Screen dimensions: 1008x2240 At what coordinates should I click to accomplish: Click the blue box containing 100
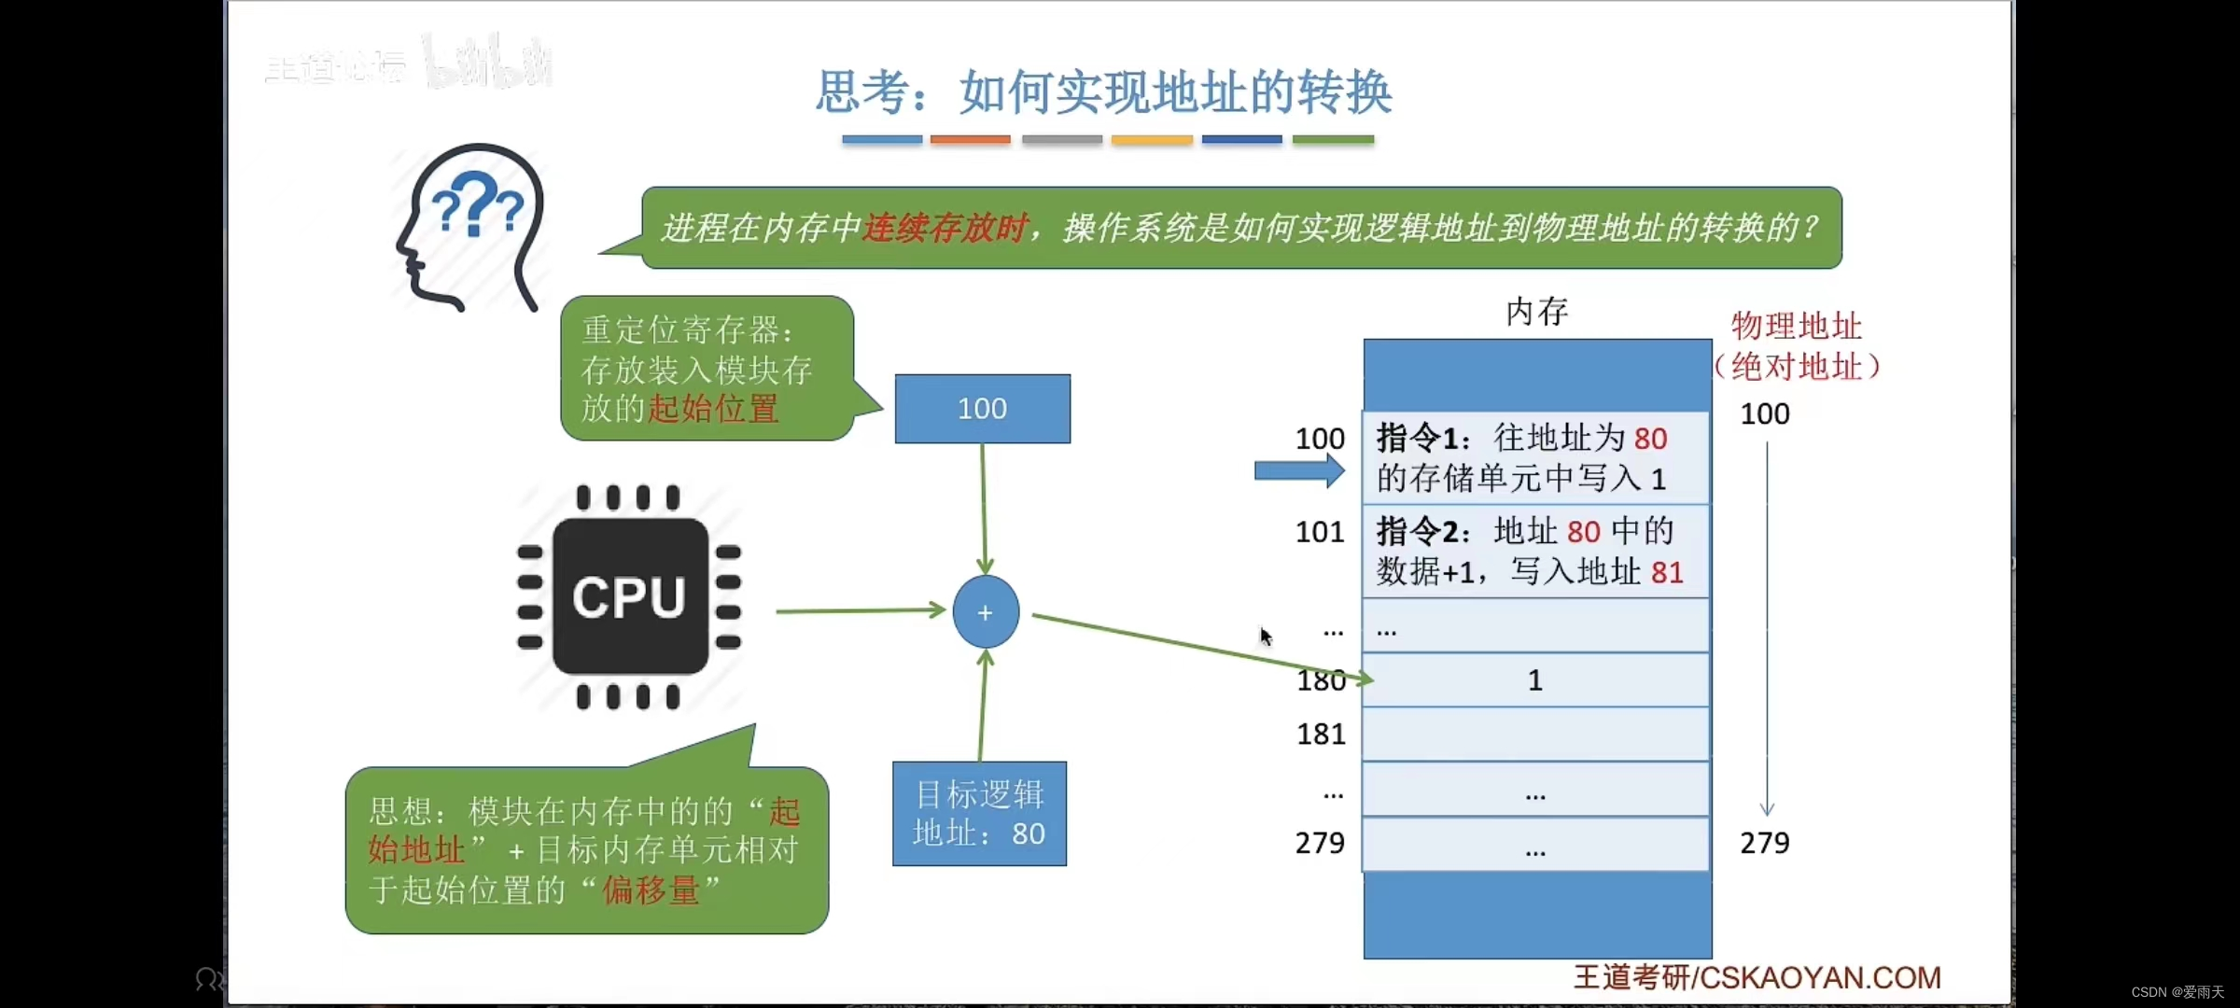point(982,409)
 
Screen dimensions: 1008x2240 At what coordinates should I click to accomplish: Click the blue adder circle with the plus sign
point(986,612)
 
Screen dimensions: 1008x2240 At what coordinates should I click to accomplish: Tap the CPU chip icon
point(629,597)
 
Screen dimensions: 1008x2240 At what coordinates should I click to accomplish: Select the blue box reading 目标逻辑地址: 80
point(979,814)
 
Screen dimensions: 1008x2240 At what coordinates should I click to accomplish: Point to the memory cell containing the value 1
point(1535,680)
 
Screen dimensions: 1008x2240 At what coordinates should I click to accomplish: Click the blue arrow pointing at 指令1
point(1298,471)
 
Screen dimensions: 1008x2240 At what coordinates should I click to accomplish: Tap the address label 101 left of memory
point(1320,532)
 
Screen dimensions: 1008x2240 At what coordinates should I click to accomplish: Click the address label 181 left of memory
point(1321,735)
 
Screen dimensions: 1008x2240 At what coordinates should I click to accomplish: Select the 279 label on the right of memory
point(1764,843)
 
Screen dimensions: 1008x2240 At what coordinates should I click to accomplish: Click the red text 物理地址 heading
point(1796,327)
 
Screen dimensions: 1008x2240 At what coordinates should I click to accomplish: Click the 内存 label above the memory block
point(1536,312)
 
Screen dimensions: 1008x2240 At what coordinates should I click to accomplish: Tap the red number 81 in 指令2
point(1667,572)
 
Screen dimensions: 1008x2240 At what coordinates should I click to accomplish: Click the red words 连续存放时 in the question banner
point(944,228)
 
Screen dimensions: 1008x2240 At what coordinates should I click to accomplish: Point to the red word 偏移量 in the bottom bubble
point(651,890)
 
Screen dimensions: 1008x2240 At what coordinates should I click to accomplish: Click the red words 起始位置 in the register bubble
point(713,409)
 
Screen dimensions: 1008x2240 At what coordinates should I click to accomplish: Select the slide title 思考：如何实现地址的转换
point(1103,92)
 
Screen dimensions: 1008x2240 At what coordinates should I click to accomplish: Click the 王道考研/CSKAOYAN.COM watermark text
point(1757,977)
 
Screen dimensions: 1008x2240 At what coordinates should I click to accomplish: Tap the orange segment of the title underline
point(970,140)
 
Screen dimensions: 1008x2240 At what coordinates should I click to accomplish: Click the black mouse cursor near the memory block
point(1266,637)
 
